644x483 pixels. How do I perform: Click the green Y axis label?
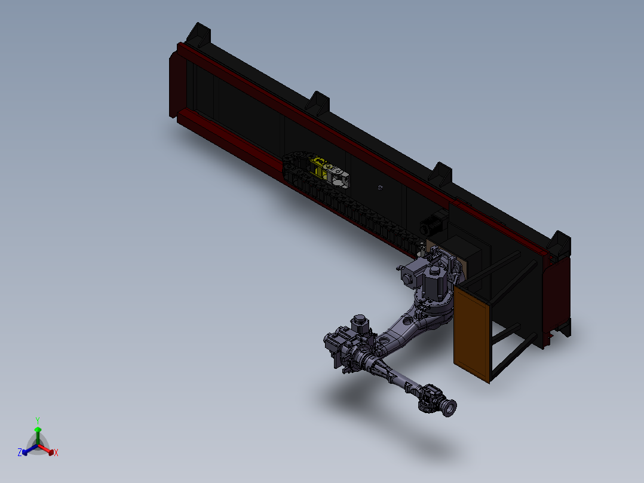tap(38, 420)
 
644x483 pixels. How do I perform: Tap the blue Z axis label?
tap(20, 452)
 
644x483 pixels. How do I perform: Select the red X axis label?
tap(56, 453)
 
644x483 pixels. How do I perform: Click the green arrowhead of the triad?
tap(38, 430)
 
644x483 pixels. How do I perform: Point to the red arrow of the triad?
tap(46, 449)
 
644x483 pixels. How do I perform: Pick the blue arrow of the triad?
tap(30, 450)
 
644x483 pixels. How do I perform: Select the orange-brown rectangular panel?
tap(472, 334)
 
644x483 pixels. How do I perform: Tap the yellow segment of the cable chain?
tap(318, 168)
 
